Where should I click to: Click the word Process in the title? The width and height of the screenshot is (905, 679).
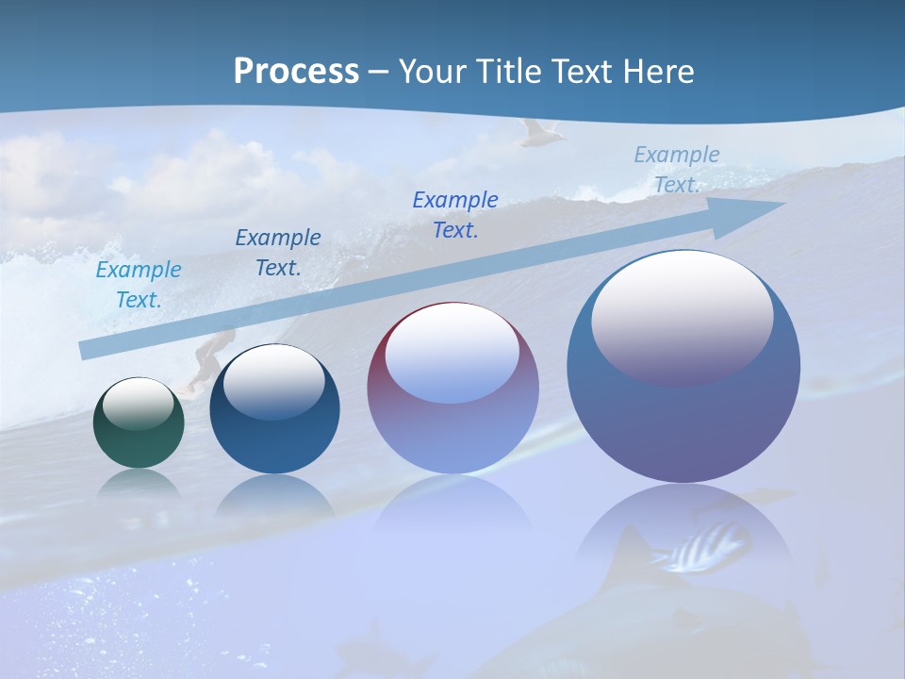[x=296, y=72]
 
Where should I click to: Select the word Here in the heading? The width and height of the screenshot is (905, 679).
[x=659, y=72]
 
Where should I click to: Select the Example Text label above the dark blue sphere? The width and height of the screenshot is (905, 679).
[x=278, y=253]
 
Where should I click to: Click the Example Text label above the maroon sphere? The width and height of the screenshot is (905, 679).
[x=455, y=215]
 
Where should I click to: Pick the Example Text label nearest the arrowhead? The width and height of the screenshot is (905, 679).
[x=677, y=170]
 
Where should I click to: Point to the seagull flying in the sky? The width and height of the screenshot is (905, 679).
[x=540, y=133]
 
